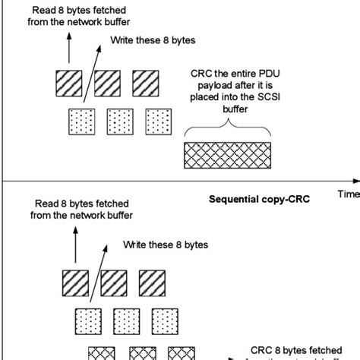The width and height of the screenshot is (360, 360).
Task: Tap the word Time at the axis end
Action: (x=348, y=194)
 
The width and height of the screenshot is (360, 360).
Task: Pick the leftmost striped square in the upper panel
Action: (x=67, y=83)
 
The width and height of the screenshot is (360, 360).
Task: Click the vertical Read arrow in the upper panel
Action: (x=68, y=49)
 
